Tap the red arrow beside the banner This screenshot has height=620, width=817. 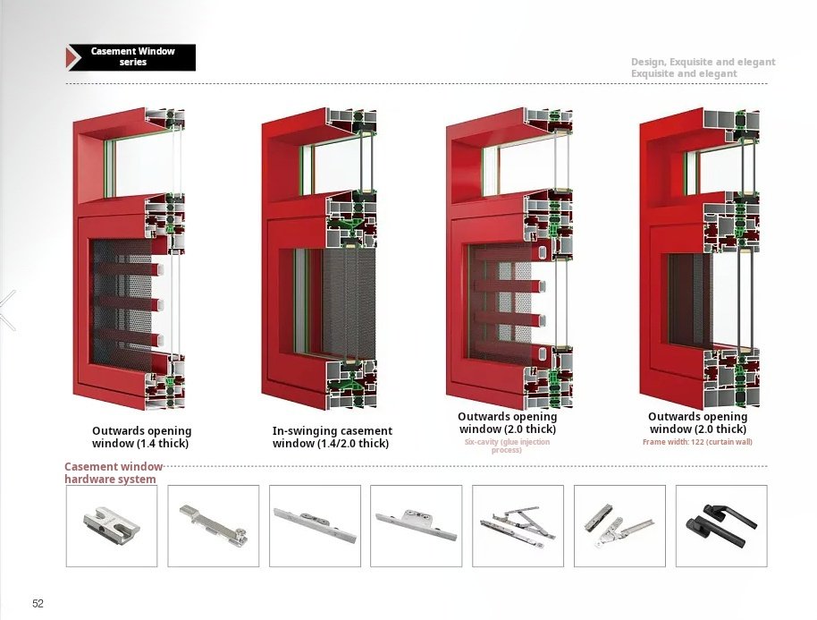point(72,57)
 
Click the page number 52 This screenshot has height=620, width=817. point(38,603)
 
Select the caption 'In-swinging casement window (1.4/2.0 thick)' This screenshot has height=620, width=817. point(332,437)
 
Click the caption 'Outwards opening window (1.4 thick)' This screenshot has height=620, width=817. point(142,437)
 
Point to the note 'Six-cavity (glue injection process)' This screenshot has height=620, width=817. point(507,446)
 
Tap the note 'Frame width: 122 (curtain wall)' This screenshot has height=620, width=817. point(697,442)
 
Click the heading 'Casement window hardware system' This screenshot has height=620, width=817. point(114,472)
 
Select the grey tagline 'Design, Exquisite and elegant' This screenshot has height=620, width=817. point(703,62)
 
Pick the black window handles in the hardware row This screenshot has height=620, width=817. point(721,524)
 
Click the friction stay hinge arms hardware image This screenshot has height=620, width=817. point(518,526)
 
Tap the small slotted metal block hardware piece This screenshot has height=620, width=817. point(112,522)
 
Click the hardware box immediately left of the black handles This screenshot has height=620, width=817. point(619,526)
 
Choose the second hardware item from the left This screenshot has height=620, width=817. point(213,525)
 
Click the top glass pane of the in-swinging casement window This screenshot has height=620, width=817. point(336,168)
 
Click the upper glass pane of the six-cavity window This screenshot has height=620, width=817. point(526,166)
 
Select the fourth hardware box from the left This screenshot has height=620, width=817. point(416,526)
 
